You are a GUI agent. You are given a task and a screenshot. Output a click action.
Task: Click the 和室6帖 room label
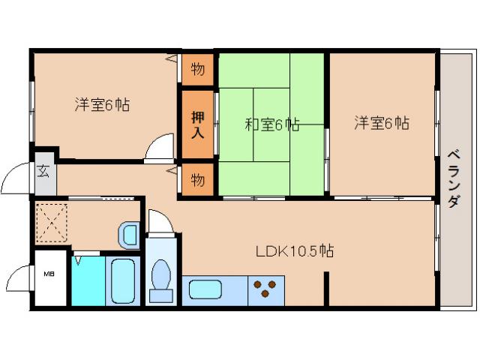coord(271,124)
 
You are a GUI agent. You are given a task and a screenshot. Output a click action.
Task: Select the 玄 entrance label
coord(43,170)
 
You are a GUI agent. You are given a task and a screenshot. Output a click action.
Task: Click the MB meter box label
coord(48,274)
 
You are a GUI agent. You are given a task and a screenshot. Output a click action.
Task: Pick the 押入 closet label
coord(197,124)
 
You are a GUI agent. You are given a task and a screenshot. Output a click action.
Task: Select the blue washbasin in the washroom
coord(129,235)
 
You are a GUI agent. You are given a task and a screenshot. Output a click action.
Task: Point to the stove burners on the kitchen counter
coord(265,289)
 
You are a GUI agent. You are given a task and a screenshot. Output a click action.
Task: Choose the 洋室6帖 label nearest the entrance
coord(102,105)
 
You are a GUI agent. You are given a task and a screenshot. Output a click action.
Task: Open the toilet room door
coord(160,221)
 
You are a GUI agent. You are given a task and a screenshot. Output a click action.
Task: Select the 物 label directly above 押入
coord(197,70)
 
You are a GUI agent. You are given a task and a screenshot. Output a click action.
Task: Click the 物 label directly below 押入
coord(197,180)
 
